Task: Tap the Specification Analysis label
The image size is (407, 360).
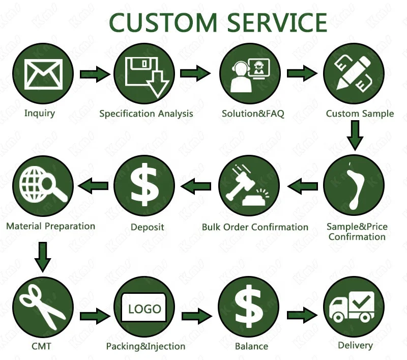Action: point(146,114)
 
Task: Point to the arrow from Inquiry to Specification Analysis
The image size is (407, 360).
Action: point(94,74)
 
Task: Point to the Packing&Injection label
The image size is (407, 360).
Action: point(146,347)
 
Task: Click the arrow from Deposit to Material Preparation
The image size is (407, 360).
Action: point(95,185)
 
